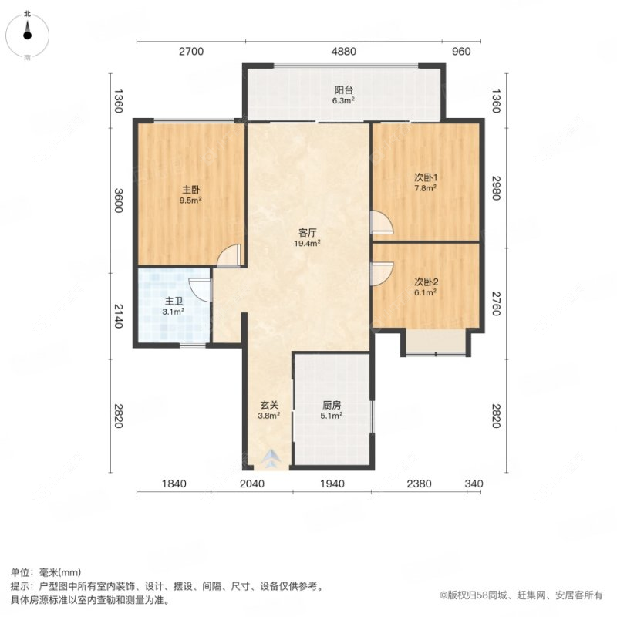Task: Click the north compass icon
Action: click(28, 31)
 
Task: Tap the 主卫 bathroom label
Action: click(173, 302)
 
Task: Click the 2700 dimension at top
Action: click(190, 52)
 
